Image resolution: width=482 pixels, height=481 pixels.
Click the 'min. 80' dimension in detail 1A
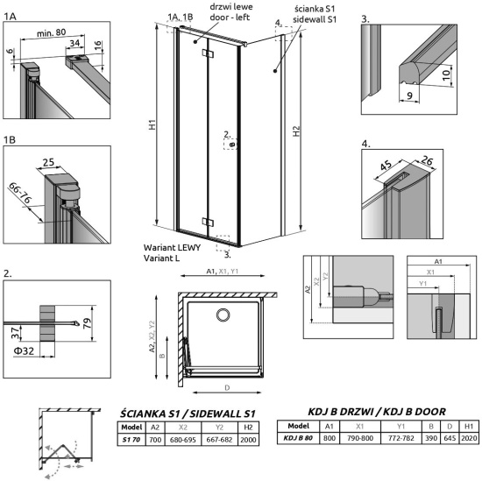pyautogui.click(x=51, y=32)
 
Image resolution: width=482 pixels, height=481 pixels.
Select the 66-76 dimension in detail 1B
pyautogui.click(x=20, y=193)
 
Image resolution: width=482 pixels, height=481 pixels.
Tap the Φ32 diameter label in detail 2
pyautogui.click(x=24, y=350)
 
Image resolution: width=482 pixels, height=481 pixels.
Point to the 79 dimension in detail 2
pyautogui.click(x=88, y=323)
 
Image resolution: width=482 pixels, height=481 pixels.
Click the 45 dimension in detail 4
pyautogui.click(x=386, y=166)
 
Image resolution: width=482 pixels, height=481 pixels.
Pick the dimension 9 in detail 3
pyautogui.click(x=409, y=95)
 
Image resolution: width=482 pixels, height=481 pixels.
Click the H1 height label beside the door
pyautogui.click(x=152, y=124)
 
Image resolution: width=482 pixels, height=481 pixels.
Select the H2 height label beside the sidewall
pyautogui.click(x=295, y=131)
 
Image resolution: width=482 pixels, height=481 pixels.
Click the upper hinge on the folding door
pyautogui.click(x=208, y=53)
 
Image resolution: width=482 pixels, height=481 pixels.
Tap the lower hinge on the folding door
pyautogui.click(x=208, y=222)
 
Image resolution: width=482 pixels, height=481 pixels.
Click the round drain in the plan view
pyautogui.click(x=223, y=315)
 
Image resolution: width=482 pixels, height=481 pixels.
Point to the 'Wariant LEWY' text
pyautogui.click(x=172, y=248)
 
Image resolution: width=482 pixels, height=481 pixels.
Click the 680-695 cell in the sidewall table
pyautogui.click(x=183, y=440)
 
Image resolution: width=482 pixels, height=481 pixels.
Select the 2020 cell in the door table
pyautogui.click(x=469, y=438)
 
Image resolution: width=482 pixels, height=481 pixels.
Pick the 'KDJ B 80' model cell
pyautogui.click(x=298, y=438)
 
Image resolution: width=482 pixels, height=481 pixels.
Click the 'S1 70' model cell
pyautogui.click(x=131, y=440)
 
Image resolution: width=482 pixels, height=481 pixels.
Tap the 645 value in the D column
pyautogui.click(x=450, y=438)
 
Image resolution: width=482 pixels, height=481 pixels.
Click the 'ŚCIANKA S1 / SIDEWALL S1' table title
pyautogui.click(x=188, y=414)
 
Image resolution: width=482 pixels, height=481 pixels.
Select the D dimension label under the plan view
pyautogui.click(x=227, y=388)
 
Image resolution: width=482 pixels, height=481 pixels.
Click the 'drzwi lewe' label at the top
pyautogui.click(x=231, y=7)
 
